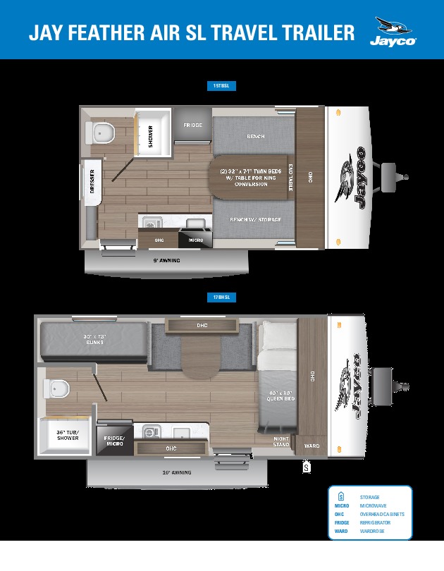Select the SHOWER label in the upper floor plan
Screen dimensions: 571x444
(x=150, y=135)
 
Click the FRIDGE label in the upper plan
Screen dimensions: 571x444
(x=193, y=125)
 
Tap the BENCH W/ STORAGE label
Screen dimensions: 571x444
(x=255, y=220)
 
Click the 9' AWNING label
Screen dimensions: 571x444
(x=166, y=260)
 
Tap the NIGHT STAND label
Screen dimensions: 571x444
(x=281, y=441)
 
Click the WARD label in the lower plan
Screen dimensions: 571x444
(x=312, y=446)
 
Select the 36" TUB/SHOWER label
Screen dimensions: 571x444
(x=68, y=434)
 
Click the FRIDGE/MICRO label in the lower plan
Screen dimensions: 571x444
(x=113, y=441)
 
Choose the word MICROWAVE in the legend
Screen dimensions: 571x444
(x=375, y=506)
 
